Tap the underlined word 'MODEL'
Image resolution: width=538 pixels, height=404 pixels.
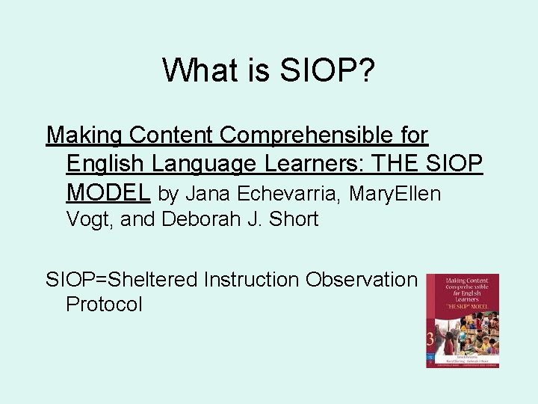pyautogui.click(x=109, y=192)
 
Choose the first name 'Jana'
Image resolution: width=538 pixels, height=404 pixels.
pyautogui.click(x=208, y=194)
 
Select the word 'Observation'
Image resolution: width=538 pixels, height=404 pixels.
pyautogui.click(x=361, y=280)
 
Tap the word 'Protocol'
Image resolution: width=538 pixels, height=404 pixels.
pyautogui.click(x=104, y=304)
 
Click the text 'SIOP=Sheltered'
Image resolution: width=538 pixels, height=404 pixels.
pyautogui.click(x=122, y=280)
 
